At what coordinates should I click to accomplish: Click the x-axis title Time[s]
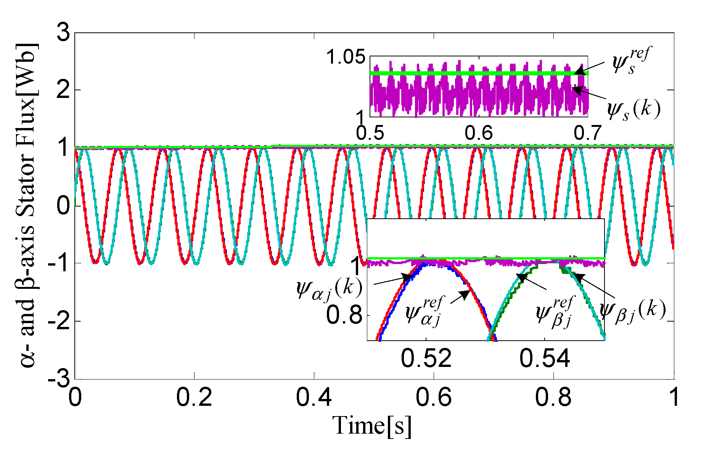pos(372,426)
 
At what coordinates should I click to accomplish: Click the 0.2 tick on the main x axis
pos(194,397)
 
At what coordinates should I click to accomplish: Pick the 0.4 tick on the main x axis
pos(314,397)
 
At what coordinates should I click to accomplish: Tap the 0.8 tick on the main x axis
pos(553,397)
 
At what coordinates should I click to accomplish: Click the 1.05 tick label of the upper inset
pos(346,58)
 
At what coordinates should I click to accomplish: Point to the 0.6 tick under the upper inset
pos(479,133)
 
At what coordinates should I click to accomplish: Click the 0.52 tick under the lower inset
pos(426,358)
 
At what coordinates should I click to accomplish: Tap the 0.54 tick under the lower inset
pos(545,358)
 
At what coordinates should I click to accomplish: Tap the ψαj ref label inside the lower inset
pos(423,312)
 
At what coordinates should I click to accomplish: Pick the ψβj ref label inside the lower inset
pos(554,312)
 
